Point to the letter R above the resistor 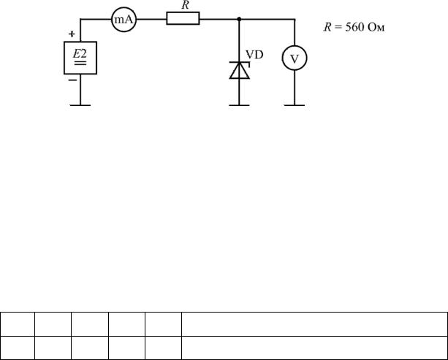(185, 5)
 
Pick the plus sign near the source (72, 34)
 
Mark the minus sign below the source (72, 80)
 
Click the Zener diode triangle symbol (240, 71)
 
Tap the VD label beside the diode (254, 55)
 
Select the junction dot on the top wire (239, 19)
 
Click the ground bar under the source (80, 105)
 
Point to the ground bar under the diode (239, 105)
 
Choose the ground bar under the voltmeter (295, 105)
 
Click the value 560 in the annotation (354, 28)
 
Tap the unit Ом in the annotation (376, 28)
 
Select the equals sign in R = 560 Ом (338, 28)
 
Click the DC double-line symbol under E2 (80, 63)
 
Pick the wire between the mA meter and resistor (151, 20)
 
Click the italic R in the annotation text (327, 28)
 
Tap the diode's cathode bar (240, 63)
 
